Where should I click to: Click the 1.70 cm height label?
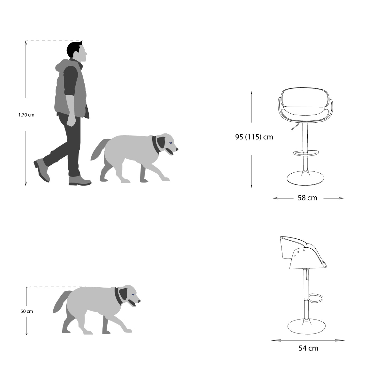point(26,115)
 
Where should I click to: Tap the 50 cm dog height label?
point(26,311)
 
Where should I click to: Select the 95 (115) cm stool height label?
point(254,137)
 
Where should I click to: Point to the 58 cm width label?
point(307,198)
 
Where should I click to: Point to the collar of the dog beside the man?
point(156,144)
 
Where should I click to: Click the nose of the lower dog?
point(139,301)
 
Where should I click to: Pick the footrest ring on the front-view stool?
point(306,153)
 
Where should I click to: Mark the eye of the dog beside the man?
point(170,143)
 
